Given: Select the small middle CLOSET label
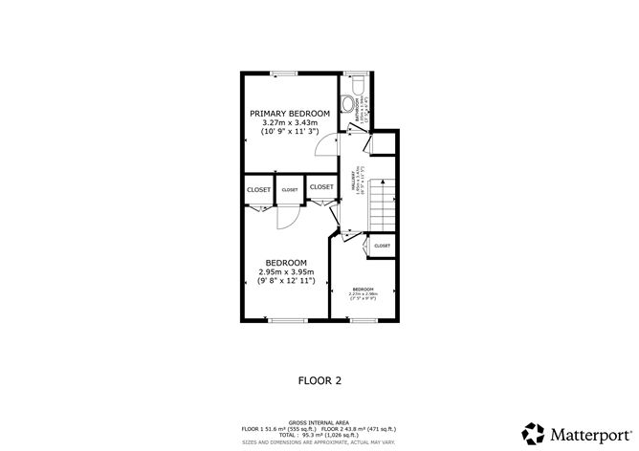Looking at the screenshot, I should click(x=290, y=190).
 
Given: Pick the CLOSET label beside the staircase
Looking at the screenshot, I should click(x=382, y=246).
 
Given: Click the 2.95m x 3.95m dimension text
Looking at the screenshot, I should click(x=286, y=272).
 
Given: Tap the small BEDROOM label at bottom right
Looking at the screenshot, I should click(x=363, y=289).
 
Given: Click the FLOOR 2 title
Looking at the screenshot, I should click(x=319, y=379).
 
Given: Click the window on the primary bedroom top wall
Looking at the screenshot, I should click(x=281, y=73).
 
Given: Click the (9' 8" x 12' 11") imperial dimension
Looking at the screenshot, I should click(x=286, y=281).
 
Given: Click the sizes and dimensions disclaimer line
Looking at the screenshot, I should click(x=319, y=441).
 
